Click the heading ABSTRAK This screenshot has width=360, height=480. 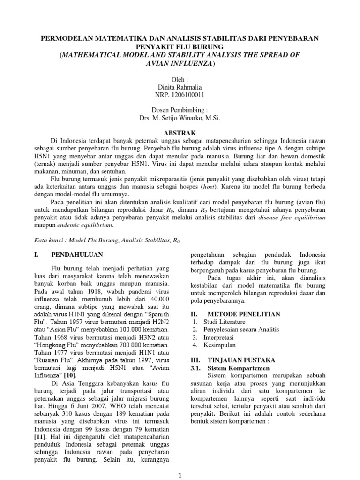(180, 132)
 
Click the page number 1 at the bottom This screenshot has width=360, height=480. (180, 475)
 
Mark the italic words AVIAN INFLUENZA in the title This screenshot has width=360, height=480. (180, 63)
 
